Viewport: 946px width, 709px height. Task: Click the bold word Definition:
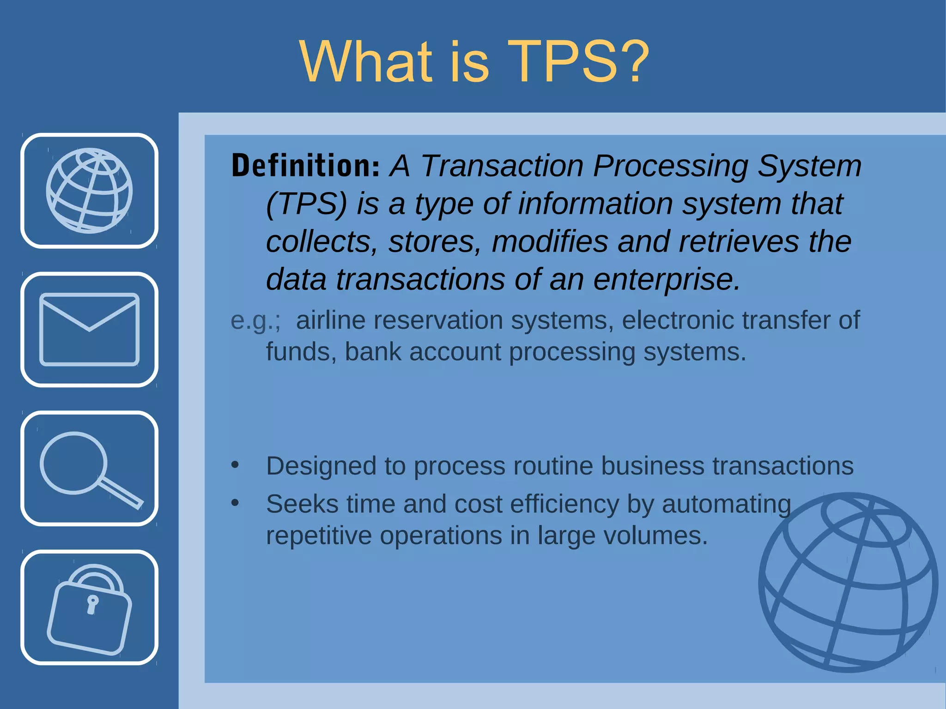click(x=305, y=166)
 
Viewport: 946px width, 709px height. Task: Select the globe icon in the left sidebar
click(x=89, y=191)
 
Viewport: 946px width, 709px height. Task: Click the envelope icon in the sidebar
click(x=89, y=329)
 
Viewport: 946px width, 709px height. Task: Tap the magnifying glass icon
click(x=89, y=468)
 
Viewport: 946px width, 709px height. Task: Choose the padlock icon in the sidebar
click(x=89, y=608)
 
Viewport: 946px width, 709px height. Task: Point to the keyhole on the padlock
click(x=92, y=604)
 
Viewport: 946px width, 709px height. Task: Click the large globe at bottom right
click(x=848, y=582)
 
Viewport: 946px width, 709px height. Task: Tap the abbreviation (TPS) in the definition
click(x=306, y=204)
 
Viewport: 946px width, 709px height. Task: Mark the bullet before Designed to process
click(x=235, y=465)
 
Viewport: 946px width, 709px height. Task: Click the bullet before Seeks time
click(x=235, y=503)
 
